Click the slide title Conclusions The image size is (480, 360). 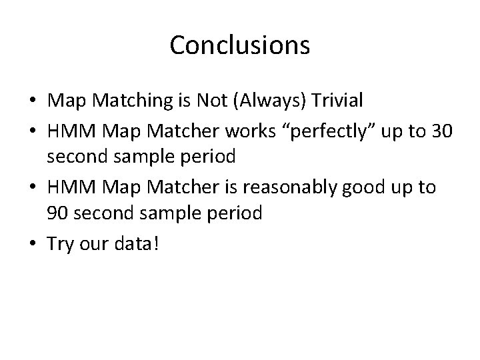(x=239, y=45)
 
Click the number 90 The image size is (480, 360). (x=55, y=213)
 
